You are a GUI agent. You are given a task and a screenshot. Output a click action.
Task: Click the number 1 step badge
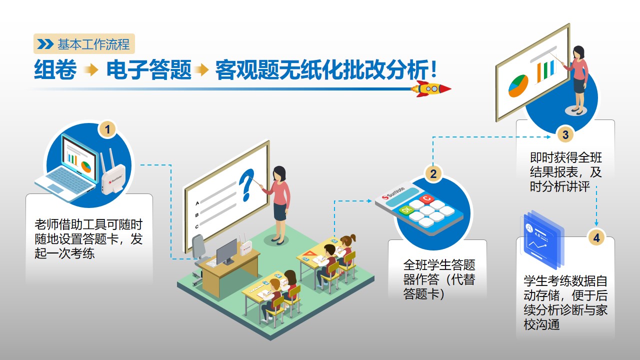(x=107, y=129)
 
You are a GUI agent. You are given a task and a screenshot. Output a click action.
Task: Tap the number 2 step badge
(x=433, y=173)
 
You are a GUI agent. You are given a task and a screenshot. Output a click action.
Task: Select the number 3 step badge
(x=565, y=135)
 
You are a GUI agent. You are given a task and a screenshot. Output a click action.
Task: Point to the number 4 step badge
(x=596, y=238)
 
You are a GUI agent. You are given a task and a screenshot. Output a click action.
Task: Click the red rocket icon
(x=431, y=89)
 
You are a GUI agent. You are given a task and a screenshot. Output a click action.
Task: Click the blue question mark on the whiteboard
(x=246, y=185)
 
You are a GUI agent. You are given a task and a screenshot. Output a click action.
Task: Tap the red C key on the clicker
(x=426, y=198)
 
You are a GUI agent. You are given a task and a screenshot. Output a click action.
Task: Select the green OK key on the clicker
(x=406, y=210)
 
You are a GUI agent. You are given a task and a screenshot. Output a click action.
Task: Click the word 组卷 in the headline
(x=55, y=69)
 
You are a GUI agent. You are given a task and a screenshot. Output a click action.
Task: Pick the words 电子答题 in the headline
(x=149, y=69)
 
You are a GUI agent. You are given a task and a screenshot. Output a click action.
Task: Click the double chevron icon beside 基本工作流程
(x=45, y=44)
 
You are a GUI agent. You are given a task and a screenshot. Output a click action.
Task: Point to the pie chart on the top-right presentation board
(x=518, y=85)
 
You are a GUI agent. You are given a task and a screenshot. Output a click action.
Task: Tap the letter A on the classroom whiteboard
(x=197, y=203)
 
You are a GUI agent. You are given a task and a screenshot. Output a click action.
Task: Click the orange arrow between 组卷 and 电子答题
(x=91, y=69)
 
